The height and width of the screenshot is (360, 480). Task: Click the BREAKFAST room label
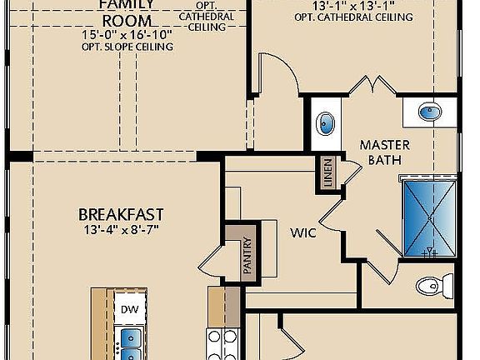(x=120, y=214)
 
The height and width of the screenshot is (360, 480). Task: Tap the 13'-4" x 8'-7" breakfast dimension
(x=120, y=229)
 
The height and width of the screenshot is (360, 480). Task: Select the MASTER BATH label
(x=384, y=152)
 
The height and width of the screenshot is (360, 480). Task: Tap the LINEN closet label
(x=327, y=173)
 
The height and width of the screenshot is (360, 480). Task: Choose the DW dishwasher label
(x=129, y=308)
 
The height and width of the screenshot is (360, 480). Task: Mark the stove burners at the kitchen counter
(x=222, y=344)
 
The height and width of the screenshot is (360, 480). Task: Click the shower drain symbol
(x=431, y=250)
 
